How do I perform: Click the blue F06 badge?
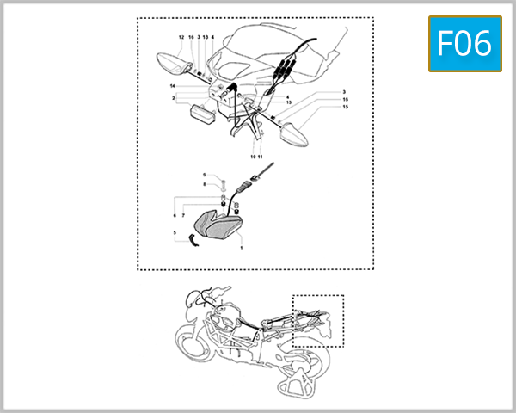464,43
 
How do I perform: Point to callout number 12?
181,38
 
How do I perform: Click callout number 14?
173,87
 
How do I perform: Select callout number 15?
345,107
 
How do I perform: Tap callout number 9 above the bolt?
205,175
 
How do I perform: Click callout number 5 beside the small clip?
175,232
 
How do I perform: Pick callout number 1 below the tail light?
242,248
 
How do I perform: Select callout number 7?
182,215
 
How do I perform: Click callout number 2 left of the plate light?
174,98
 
